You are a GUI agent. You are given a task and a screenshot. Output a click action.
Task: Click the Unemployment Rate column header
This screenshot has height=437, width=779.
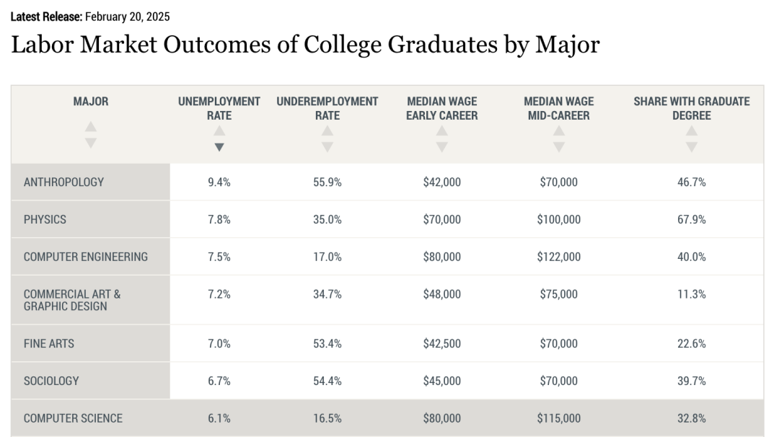(219, 108)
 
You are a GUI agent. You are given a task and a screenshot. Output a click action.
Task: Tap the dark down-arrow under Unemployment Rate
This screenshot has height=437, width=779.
(219, 147)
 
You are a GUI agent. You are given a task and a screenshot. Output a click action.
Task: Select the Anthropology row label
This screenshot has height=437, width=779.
(63, 182)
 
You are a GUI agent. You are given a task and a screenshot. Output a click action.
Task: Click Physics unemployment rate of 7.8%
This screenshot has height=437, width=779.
(219, 219)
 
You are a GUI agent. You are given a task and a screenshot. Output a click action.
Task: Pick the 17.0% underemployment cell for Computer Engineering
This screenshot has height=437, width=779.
(327, 257)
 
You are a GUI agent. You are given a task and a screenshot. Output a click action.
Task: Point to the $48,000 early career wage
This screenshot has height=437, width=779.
(441, 294)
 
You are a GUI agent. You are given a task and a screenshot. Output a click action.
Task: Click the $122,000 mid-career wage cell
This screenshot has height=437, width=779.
(558, 257)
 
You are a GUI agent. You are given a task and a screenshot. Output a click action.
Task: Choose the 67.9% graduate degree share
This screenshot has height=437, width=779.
(691, 219)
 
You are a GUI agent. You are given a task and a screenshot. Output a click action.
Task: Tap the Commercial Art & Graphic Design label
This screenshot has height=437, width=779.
(72, 300)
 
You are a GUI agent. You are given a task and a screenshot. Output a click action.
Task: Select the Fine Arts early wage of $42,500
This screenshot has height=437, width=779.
(441, 344)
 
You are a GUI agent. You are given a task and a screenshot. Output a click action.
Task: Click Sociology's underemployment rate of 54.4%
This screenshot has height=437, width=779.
(327, 381)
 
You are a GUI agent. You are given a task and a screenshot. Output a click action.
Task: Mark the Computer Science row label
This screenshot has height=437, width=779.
(73, 418)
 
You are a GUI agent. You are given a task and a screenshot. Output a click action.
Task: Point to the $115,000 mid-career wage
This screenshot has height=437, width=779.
(558, 418)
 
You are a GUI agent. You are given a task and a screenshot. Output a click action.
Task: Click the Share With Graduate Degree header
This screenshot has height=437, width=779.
(691, 108)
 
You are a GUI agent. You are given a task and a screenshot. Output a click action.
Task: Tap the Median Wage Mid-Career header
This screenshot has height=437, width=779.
(558, 108)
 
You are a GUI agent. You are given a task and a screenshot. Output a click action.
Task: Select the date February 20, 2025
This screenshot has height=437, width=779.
(128, 17)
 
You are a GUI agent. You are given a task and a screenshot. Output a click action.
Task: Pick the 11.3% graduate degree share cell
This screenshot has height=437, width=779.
(691, 294)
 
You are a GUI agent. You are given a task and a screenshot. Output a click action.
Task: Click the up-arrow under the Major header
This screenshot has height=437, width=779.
(90, 126)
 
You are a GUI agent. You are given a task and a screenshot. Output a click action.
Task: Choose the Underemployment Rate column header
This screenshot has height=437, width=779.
(327, 108)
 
